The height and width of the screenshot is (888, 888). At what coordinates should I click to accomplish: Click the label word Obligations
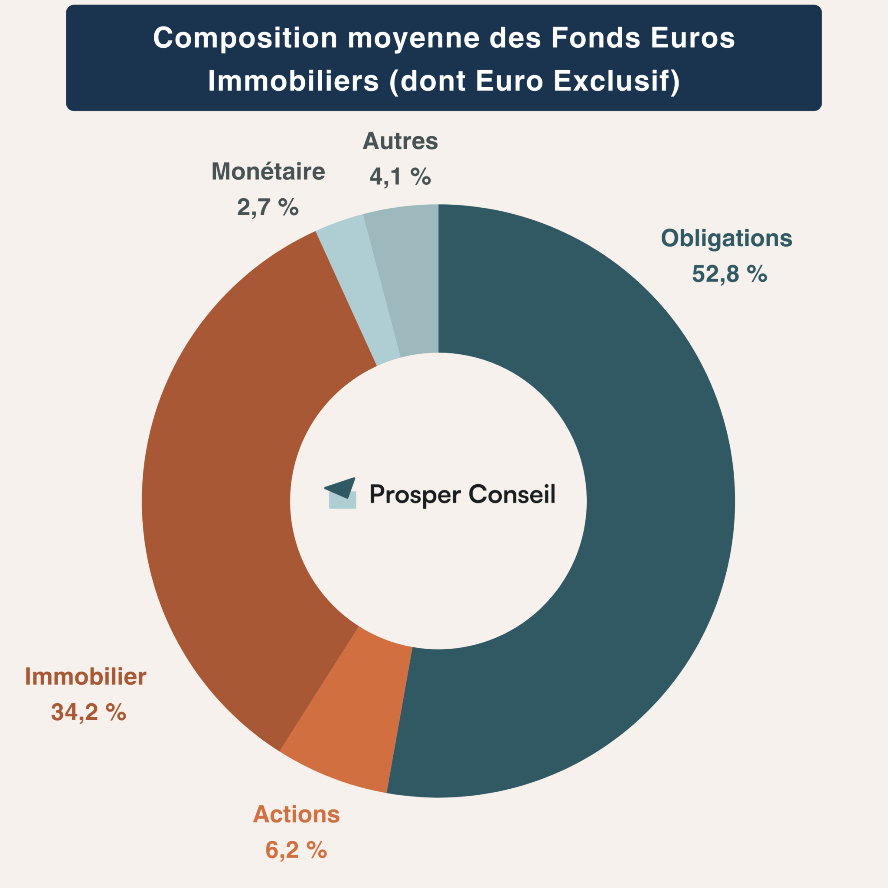tap(726, 238)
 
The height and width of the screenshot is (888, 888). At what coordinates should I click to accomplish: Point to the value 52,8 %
tap(729, 274)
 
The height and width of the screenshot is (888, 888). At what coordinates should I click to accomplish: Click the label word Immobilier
tap(85, 677)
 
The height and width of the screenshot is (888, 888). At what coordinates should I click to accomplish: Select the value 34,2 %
tap(88, 712)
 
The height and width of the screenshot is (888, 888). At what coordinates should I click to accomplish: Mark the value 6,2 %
tap(296, 850)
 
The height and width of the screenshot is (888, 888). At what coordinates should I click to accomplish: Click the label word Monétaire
tap(268, 172)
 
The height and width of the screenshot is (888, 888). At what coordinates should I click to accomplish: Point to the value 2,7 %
tap(268, 207)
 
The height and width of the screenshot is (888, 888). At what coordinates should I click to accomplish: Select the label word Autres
tap(400, 141)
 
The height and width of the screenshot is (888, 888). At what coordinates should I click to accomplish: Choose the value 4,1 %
tap(400, 176)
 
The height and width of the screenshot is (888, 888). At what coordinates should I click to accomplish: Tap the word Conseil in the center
tap(512, 495)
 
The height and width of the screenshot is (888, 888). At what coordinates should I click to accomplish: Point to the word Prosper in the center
tap(415, 496)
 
